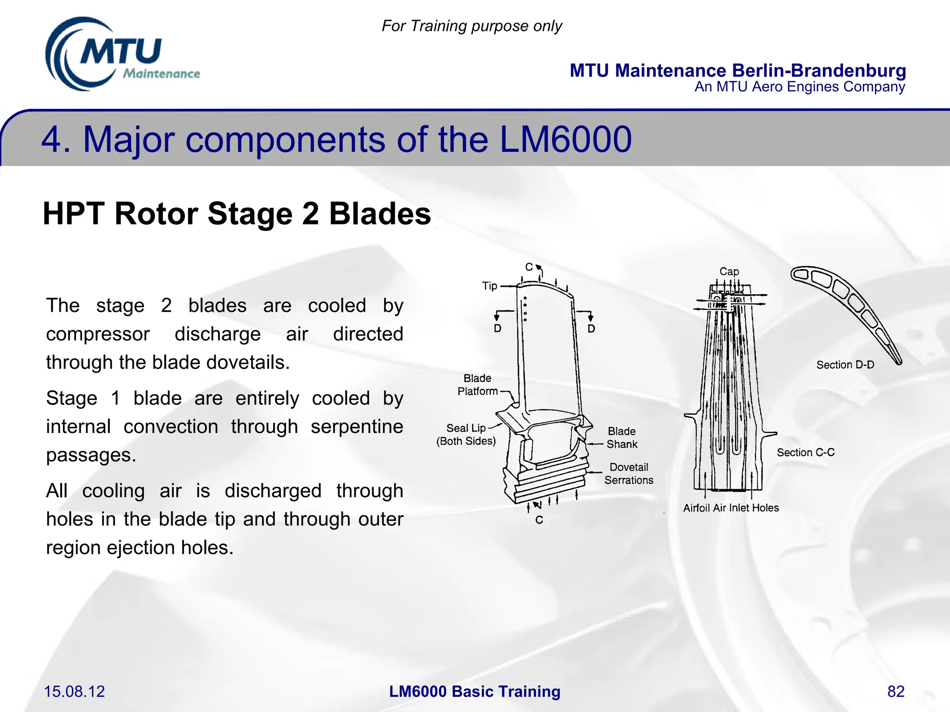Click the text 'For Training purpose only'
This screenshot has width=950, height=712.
click(471, 26)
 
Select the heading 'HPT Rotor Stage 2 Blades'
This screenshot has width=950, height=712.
click(237, 214)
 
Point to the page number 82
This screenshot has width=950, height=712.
click(896, 691)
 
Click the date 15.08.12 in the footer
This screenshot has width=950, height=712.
click(74, 691)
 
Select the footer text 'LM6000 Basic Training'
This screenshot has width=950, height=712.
click(475, 691)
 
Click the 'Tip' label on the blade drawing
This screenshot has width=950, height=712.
click(489, 286)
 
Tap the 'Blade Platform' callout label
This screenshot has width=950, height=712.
click(477, 385)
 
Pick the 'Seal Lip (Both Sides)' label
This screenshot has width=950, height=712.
click(466, 434)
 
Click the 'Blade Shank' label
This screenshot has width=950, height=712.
click(622, 438)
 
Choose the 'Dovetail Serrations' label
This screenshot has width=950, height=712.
click(629, 473)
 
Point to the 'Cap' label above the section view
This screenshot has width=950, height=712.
click(729, 272)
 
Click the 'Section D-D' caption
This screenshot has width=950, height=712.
click(845, 365)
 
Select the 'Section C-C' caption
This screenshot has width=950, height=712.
click(806, 452)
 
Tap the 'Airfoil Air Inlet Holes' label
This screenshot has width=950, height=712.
click(731, 508)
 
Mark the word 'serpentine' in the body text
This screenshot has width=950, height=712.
click(357, 426)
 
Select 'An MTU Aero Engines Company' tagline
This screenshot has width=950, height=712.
click(800, 87)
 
